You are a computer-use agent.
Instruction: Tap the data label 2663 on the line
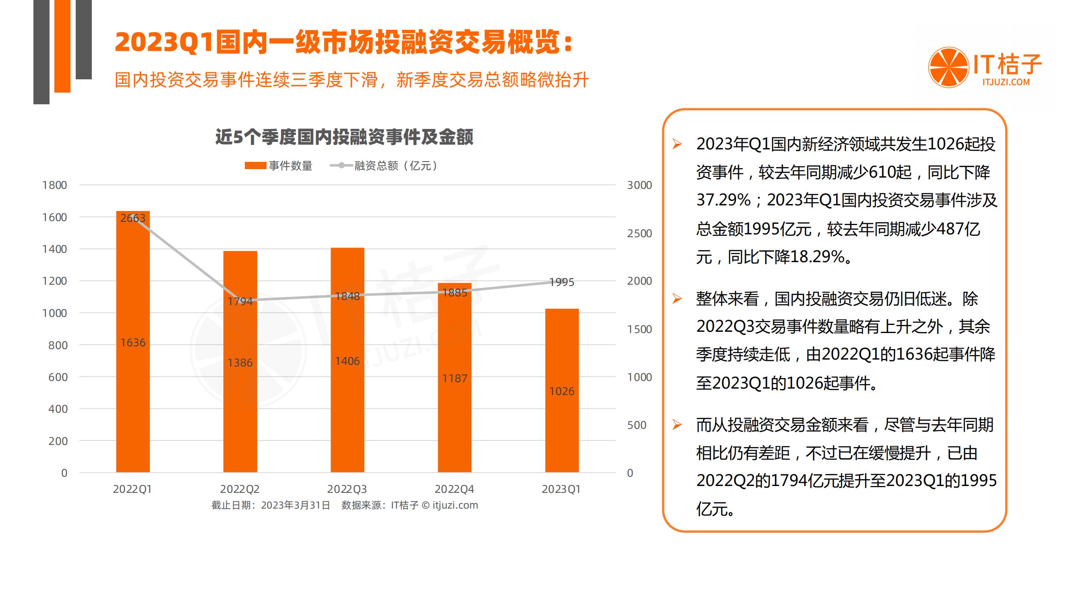tap(132, 218)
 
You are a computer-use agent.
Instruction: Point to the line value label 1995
tap(562, 282)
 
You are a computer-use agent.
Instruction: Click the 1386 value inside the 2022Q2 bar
tap(240, 363)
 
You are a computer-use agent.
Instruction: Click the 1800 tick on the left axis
tap(54, 185)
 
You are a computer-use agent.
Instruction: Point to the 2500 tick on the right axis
tap(639, 234)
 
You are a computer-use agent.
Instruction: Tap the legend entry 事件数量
tap(279, 166)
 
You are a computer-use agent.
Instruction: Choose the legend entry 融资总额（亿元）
tap(383, 166)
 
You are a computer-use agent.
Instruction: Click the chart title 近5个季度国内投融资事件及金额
tap(344, 137)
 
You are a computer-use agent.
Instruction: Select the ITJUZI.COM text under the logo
tap(1006, 83)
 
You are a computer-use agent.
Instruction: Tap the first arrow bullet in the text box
tap(677, 144)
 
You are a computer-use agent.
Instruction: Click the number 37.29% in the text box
tap(723, 200)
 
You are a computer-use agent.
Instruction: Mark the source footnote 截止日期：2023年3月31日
tap(271, 505)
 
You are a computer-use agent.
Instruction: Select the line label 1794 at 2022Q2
tap(240, 301)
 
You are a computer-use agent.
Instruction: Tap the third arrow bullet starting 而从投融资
tap(677, 425)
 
